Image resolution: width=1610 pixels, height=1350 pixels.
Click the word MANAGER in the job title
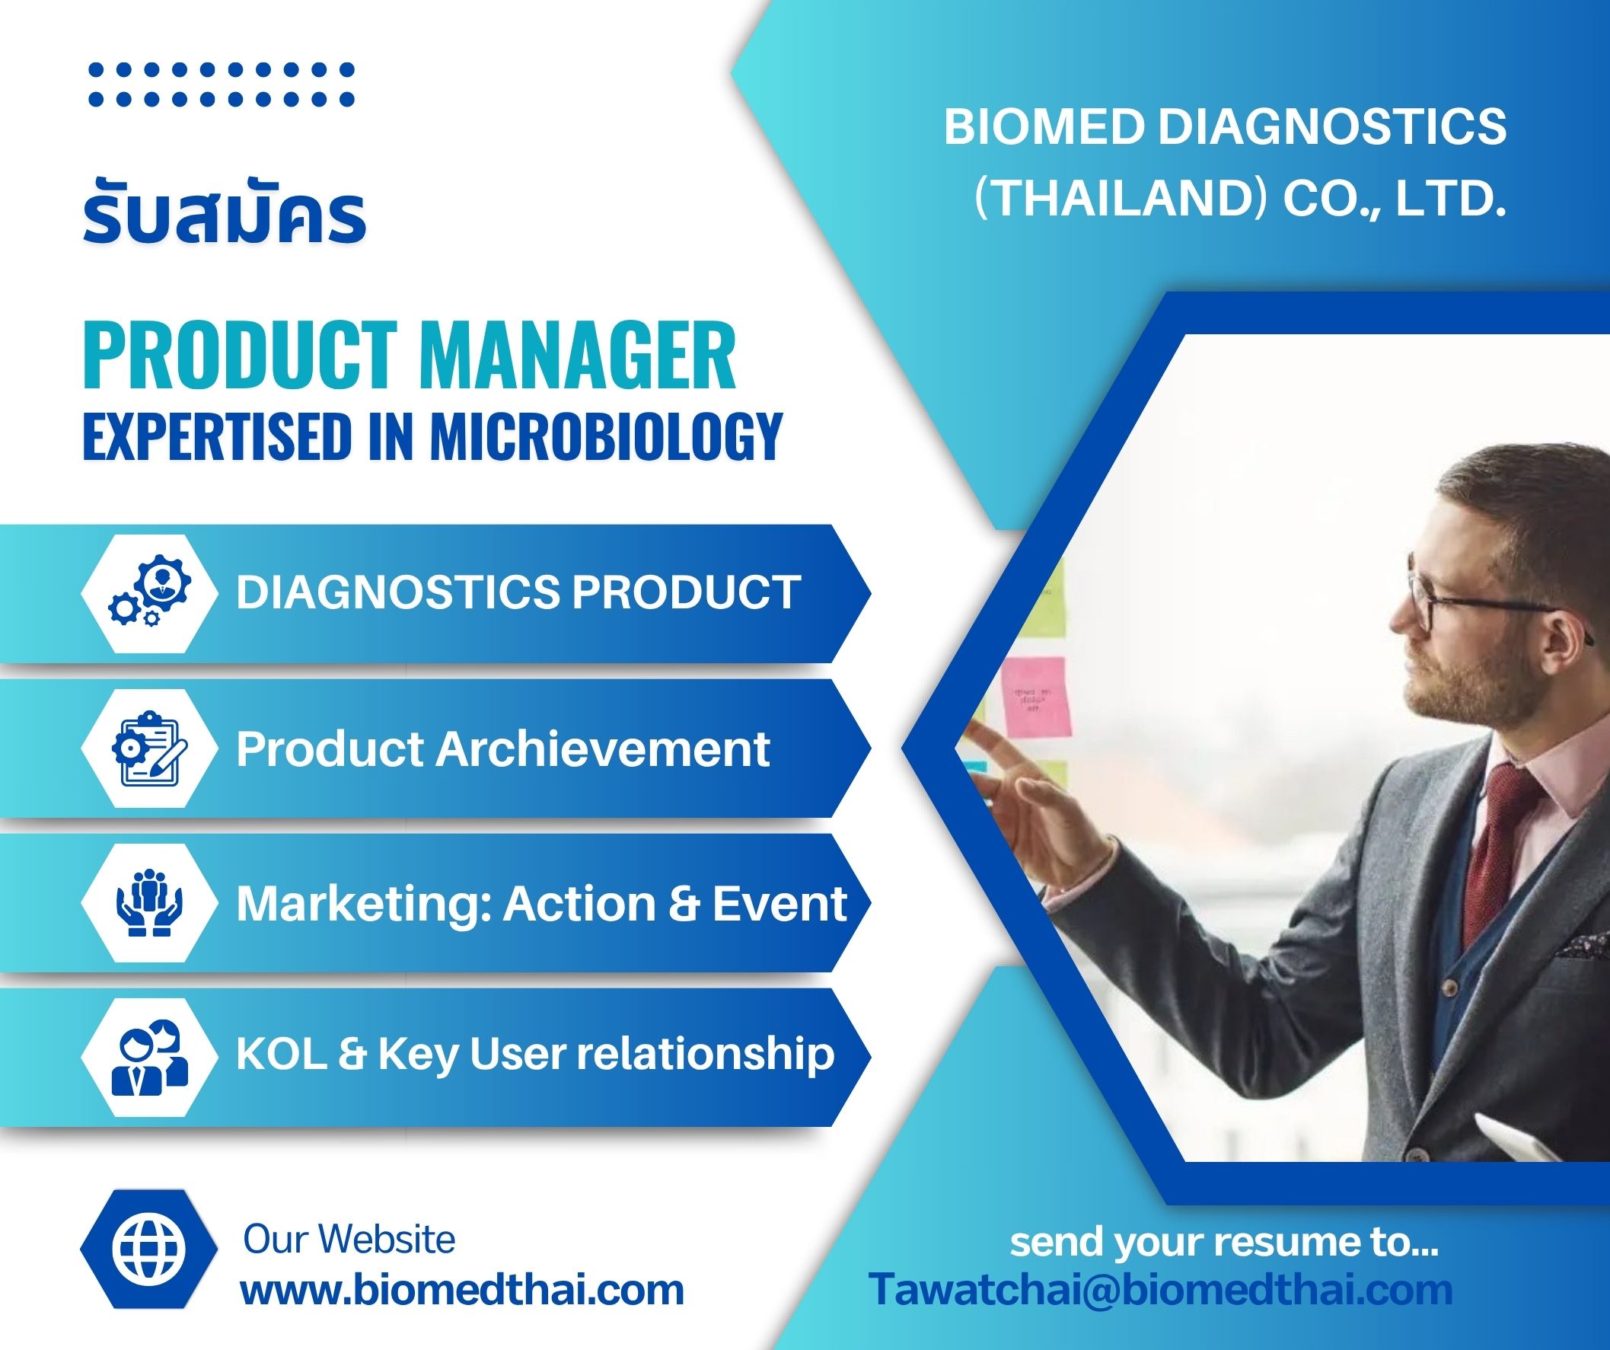577,356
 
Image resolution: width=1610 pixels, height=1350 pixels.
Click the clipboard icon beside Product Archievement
148,748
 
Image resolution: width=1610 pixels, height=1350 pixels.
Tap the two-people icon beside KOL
148,1057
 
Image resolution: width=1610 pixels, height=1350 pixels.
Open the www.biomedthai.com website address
462,1289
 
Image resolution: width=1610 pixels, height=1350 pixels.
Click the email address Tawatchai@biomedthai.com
1161,1289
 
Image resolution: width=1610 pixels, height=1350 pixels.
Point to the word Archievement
603,748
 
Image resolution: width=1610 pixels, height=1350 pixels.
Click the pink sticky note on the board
1035,697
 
